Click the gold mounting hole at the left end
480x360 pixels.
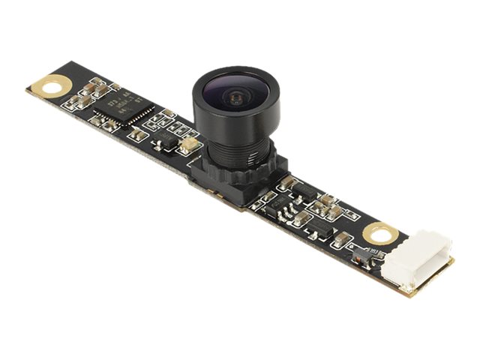click(x=51, y=85)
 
